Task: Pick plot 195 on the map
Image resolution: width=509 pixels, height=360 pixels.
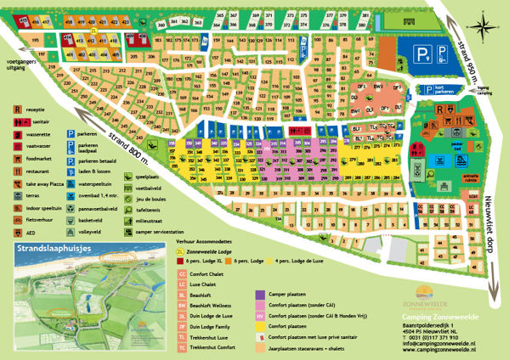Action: pos(36,40)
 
